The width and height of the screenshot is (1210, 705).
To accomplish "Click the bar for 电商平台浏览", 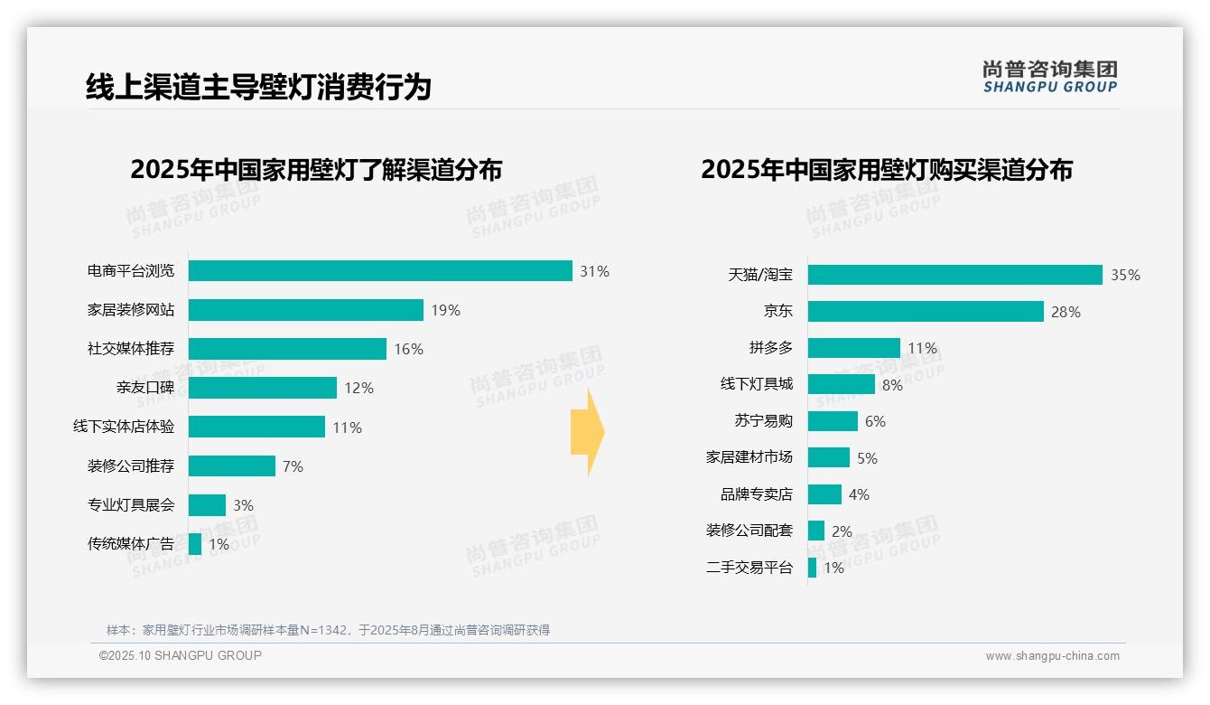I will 380,271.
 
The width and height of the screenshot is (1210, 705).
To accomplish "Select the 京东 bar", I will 926,312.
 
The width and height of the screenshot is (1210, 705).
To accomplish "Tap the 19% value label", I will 445,310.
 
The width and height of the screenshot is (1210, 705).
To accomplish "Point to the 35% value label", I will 1125,275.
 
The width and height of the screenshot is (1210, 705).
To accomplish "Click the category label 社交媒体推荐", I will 131,349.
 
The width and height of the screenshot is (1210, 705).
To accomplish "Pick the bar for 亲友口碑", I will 263,388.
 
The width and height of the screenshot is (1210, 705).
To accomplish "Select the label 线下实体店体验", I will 124,427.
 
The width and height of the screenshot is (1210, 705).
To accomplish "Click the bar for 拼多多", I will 854,348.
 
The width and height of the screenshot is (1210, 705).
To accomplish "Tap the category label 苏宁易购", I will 763,421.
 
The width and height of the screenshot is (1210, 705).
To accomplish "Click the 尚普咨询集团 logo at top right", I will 1050,76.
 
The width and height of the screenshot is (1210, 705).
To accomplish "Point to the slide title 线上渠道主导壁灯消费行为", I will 258,87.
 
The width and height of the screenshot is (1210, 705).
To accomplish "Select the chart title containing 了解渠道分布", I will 315,169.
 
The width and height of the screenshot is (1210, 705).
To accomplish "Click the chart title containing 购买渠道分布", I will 886,169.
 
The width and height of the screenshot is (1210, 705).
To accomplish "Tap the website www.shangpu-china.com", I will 1052,656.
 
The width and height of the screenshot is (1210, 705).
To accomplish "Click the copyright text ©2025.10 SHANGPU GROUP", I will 181,655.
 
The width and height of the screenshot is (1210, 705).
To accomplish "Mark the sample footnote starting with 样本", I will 328,630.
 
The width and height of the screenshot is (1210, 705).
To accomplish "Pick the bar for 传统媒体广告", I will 195,544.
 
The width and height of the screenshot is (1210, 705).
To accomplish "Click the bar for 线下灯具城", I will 842,384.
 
